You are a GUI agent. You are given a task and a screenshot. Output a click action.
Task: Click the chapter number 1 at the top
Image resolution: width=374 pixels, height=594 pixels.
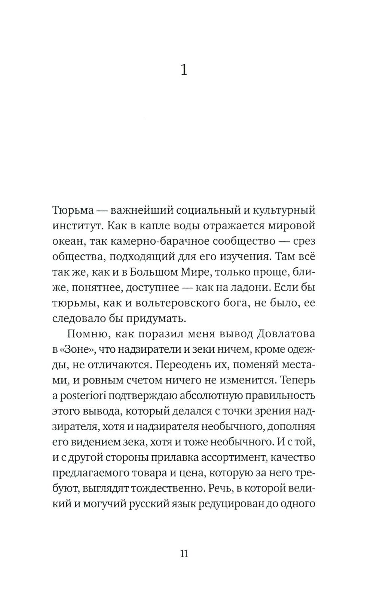[x=184, y=70]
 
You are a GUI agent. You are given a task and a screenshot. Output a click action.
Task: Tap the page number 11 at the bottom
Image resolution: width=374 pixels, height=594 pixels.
[x=184, y=553]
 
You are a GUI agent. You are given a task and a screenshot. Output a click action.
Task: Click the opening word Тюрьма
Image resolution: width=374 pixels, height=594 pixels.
[x=73, y=210]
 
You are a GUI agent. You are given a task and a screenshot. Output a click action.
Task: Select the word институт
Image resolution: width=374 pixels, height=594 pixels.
[x=73, y=226]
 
